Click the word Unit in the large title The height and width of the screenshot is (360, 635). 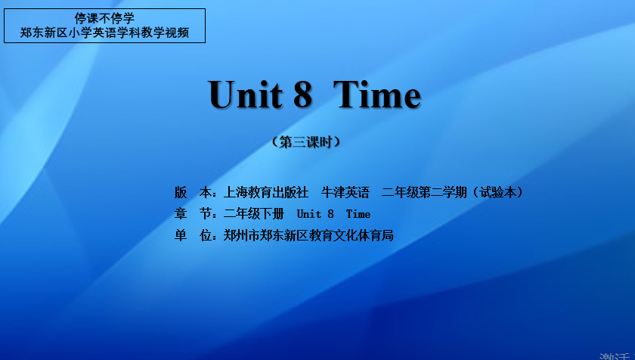(x=245, y=95)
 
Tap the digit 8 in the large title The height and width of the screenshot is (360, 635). (x=303, y=95)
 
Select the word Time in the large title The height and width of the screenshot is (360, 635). (x=377, y=95)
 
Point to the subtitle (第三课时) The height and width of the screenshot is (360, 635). (x=305, y=142)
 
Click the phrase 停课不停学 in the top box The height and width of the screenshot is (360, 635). (x=104, y=18)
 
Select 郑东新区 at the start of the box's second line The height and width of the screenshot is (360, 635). (x=44, y=33)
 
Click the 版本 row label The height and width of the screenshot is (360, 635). (x=194, y=192)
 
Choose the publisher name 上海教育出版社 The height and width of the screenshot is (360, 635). (x=266, y=192)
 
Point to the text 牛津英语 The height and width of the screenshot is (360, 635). (x=345, y=192)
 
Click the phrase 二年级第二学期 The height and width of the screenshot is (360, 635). (x=424, y=192)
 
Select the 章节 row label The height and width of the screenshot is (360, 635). (x=194, y=214)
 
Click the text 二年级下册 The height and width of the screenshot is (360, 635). (x=254, y=214)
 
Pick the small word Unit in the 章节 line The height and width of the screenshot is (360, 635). (x=309, y=214)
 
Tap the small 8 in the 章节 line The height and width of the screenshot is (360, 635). (x=331, y=214)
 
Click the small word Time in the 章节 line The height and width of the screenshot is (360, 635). (x=358, y=214)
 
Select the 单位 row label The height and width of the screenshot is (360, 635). (x=194, y=235)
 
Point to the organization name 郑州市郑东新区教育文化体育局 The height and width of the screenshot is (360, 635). (x=308, y=235)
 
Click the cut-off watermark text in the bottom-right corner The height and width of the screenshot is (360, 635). (x=615, y=355)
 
